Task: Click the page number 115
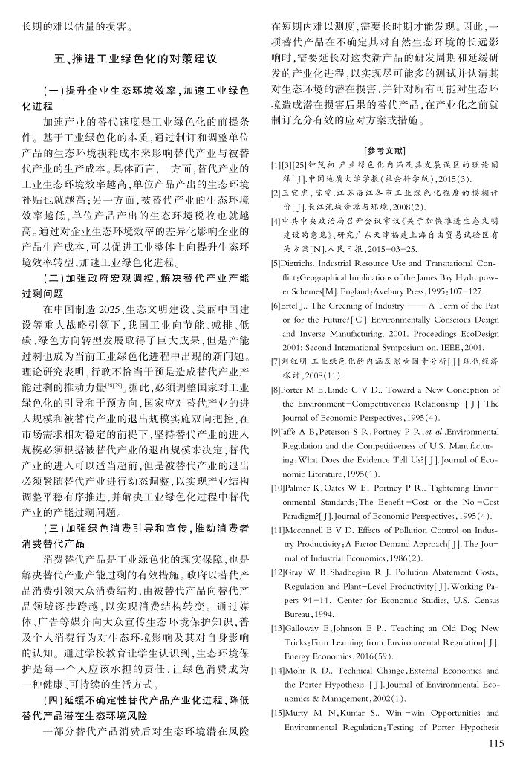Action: pyautogui.click(x=492, y=743)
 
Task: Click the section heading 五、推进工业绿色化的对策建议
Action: pyautogui.click(x=134, y=57)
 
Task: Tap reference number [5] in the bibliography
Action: pyautogui.click(x=275, y=263)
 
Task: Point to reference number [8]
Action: pyautogui.click(x=275, y=390)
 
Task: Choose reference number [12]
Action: pyautogui.click(x=277, y=572)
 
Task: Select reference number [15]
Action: pyautogui.click(x=277, y=713)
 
